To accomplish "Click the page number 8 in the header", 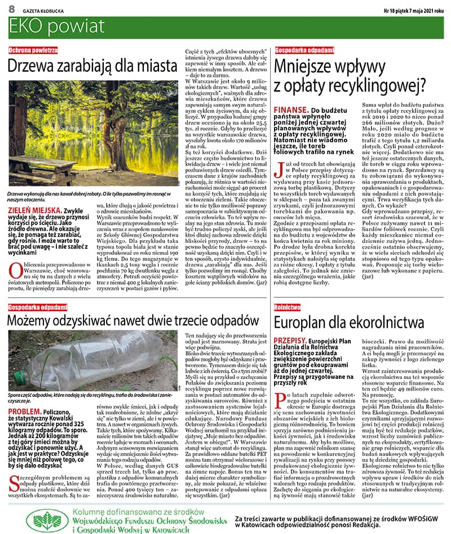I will click(x=11, y=10).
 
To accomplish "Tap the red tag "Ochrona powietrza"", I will click(x=33, y=50).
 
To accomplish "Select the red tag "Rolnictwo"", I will click(x=287, y=307).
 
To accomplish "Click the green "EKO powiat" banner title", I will click(x=47, y=26).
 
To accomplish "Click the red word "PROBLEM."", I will click(x=24, y=396).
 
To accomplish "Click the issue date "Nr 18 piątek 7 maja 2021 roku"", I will click(x=413, y=10).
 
